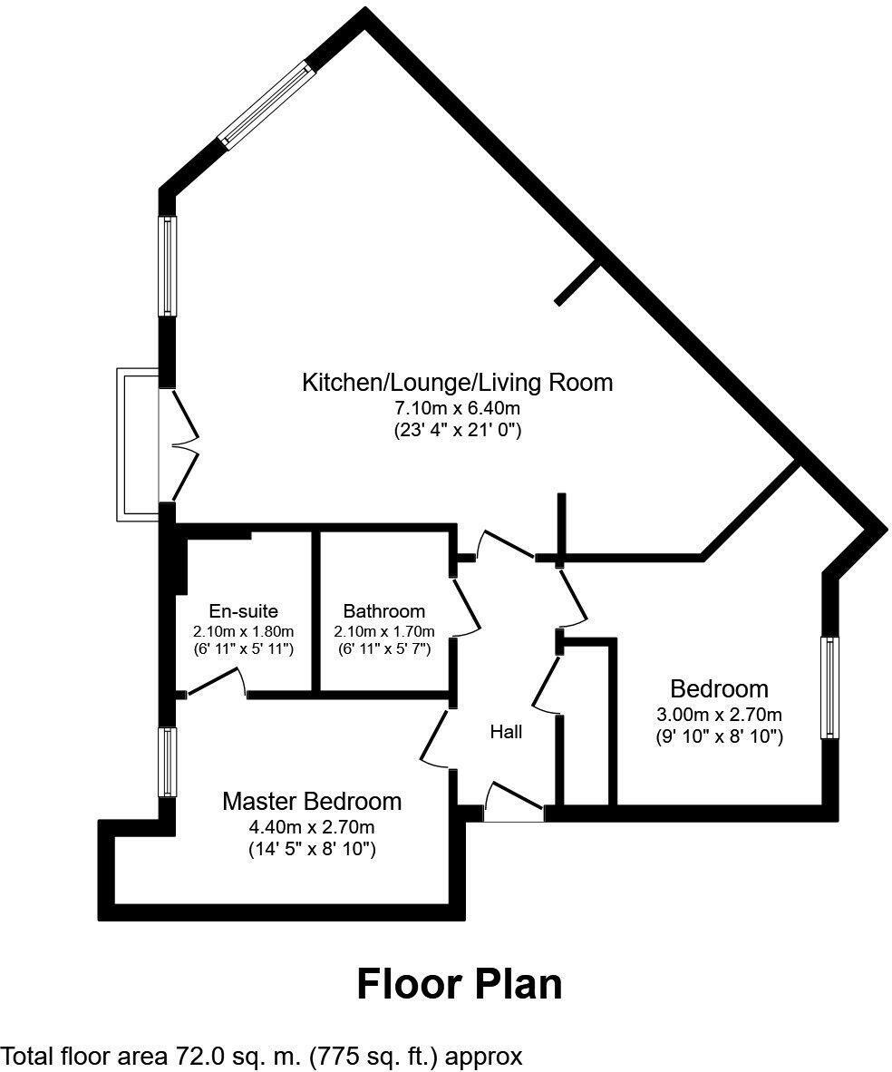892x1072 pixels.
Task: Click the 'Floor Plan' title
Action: [x=459, y=983]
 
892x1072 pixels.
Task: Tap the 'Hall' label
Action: [x=506, y=731]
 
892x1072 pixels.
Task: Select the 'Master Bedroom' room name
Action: [x=312, y=802]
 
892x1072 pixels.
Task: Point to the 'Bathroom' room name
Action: [x=383, y=611]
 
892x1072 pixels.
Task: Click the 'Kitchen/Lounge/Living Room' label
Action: [x=457, y=382]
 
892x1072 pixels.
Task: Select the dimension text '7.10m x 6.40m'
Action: [x=457, y=407]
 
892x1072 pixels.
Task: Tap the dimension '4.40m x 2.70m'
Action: [x=312, y=826]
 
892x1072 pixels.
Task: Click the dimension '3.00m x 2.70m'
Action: [x=719, y=714]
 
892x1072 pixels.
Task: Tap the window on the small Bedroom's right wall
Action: [x=829, y=687]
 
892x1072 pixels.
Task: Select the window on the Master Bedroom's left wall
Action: [x=167, y=762]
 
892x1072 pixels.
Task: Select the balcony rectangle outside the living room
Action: [x=137, y=444]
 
